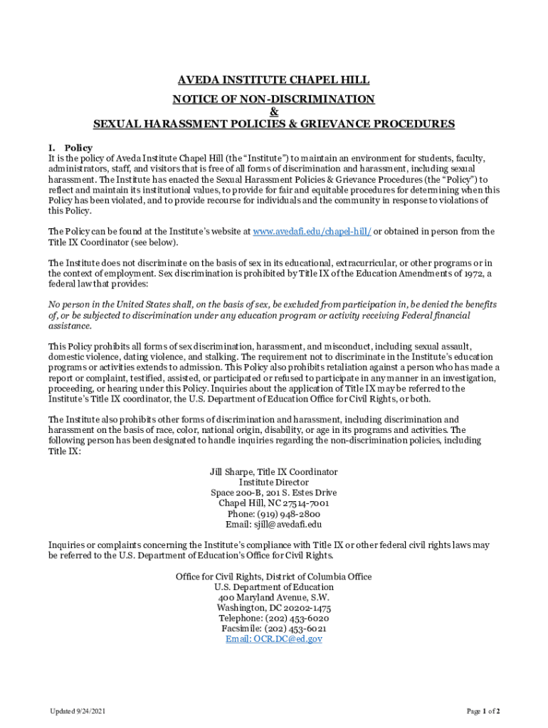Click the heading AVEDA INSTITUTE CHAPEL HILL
click(273, 80)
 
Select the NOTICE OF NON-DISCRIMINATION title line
click(273, 99)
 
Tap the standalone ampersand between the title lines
click(274, 111)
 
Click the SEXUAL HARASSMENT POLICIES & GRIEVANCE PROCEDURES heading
click(273, 124)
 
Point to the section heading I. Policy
click(70, 148)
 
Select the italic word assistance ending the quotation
click(70, 326)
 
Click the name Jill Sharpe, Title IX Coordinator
click(273, 472)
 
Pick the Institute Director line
click(273, 482)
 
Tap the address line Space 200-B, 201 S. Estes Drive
click(273, 493)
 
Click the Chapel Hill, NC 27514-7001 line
click(273, 503)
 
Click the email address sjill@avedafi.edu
click(288, 525)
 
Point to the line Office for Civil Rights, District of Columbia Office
click(273, 577)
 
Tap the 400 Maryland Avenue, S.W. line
click(273, 598)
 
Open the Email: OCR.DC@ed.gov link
click(273, 639)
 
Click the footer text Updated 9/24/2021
click(78, 711)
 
